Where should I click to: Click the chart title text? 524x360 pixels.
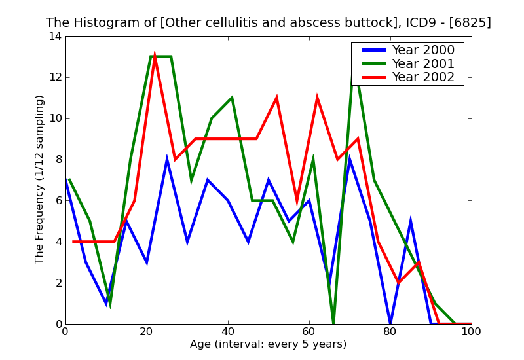tap(269, 23)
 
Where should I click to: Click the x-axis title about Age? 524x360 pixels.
tap(269, 344)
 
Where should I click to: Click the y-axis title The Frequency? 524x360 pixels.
tap(40, 179)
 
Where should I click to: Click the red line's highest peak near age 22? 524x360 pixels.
tap(155, 54)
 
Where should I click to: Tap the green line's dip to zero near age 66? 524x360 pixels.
tap(333, 323)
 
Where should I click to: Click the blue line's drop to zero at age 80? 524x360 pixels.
tap(390, 323)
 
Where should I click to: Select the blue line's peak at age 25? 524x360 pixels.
tap(167, 160)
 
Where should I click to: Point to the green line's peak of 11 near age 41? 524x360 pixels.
tap(232, 98)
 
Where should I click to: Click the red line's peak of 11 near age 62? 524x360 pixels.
tap(317, 98)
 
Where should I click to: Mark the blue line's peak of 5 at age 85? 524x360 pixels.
tap(411, 221)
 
